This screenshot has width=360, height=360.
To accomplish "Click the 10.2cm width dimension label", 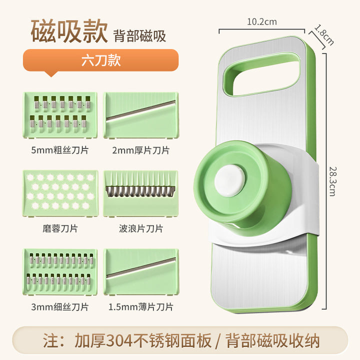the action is click(x=262, y=22).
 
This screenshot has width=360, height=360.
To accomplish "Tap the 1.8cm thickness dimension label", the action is click(x=324, y=35).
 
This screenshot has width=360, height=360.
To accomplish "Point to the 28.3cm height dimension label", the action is click(x=332, y=181).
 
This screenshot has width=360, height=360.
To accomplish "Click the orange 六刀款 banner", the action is click(x=101, y=60).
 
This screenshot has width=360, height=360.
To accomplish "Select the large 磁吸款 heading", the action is click(x=69, y=31).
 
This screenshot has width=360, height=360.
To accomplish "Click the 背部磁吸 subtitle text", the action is click(x=139, y=36).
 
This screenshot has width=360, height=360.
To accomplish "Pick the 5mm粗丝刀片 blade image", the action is click(x=60, y=115).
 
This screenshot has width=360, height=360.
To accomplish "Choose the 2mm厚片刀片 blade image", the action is click(x=140, y=115).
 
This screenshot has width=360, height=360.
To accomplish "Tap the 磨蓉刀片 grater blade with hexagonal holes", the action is click(x=60, y=193).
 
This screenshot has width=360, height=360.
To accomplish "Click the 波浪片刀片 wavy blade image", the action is click(x=140, y=193).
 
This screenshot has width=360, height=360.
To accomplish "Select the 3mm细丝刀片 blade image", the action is click(x=60, y=272).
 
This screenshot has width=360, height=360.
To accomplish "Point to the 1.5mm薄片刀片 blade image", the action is click(x=141, y=272).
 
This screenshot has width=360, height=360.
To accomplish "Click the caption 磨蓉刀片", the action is click(x=60, y=228).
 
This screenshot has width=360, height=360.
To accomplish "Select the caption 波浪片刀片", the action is click(x=141, y=228).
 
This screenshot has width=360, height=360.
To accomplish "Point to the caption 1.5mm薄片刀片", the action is click(x=140, y=307).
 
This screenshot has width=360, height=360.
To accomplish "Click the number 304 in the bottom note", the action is click(x=119, y=340).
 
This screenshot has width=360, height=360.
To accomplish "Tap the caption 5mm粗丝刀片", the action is click(x=60, y=150).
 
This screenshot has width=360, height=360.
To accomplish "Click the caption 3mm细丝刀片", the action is click(x=60, y=307).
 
